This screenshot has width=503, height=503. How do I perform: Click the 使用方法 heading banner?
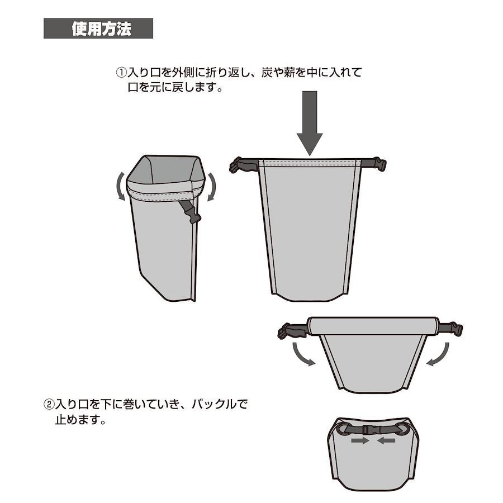click(98, 29)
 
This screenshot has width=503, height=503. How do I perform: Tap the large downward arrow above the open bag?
click(310, 123)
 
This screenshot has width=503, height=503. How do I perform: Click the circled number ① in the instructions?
click(122, 72)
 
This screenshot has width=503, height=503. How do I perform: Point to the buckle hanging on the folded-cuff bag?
click(191, 212)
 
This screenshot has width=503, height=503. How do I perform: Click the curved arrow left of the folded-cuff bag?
click(121, 186)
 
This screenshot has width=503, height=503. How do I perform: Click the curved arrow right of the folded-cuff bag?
click(211, 187)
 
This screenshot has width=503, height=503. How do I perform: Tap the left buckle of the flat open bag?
click(244, 165)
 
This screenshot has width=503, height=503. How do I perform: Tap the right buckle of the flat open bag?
click(374, 164)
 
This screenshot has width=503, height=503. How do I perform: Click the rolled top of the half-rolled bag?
click(372, 326)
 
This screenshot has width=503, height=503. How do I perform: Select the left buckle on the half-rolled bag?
click(292, 331)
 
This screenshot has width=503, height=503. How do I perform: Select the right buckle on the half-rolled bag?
click(450, 329)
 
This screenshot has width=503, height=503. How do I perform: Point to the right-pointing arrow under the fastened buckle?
click(360, 440)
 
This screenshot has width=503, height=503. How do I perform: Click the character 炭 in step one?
click(267, 72)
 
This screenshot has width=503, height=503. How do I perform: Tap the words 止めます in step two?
click(77, 420)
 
